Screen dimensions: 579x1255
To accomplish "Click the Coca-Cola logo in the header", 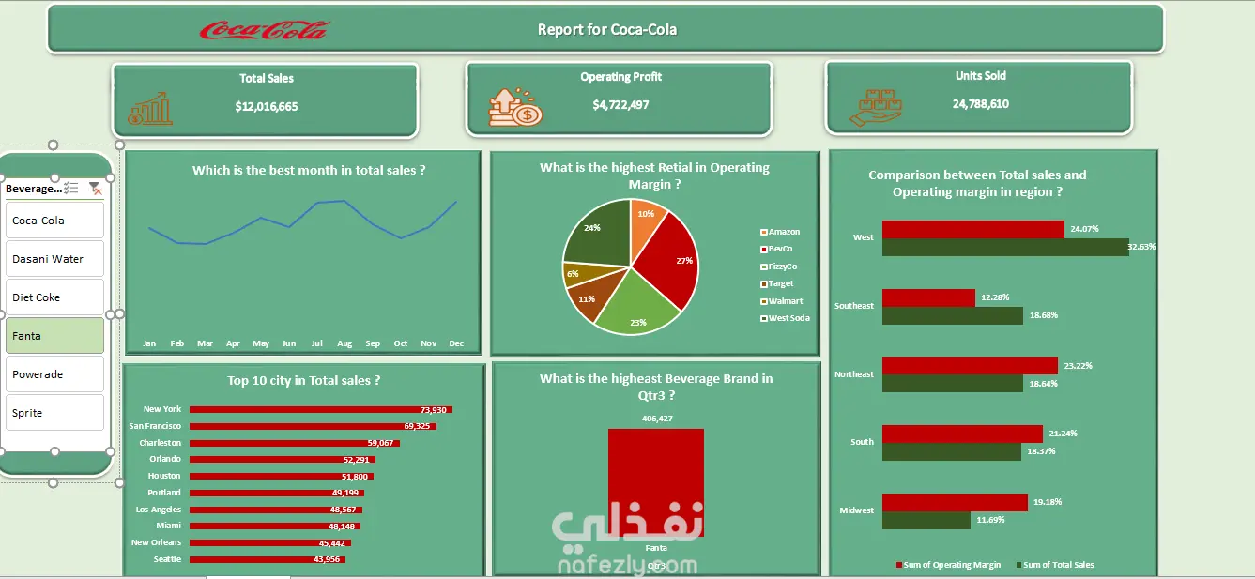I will point(264,30).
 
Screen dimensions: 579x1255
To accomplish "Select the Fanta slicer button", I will point(54,336).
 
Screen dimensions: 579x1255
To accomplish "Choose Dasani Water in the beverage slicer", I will point(54,259).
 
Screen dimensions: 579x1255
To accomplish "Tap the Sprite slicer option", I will point(54,413).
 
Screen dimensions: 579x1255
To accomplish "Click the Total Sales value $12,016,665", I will point(267,107).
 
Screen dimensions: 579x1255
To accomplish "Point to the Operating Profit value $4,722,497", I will point(620,105).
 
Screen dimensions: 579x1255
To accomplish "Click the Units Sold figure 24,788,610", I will point(980,104).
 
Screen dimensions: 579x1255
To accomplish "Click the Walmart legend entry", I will point(785,301).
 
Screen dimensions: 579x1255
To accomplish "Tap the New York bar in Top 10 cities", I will point(319,410).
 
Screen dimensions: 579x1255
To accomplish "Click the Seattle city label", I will point(168,559).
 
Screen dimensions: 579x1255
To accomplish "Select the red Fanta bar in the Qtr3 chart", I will point(655,481).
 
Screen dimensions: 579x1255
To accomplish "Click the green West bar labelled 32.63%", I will point(1004,247).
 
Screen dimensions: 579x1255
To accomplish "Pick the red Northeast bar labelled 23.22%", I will point(970,365).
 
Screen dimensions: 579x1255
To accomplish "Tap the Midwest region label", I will point(856,510).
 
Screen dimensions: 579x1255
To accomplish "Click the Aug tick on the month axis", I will point(344,344).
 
